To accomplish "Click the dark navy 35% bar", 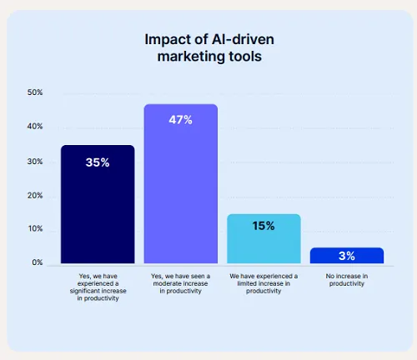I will pyautogui.click(x=98, y=205).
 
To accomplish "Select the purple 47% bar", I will pyautogui.click(x=180, y=184).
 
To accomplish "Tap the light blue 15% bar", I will pyautogui.click(x=264, y=239).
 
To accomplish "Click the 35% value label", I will pyautogui.click(x=98, y=162).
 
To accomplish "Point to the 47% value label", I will pyautogui.click(x=180, y=120).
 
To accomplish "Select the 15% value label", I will pyautogui.click(x=264, y=226).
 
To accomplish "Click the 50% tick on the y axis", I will pyautogui.click(x=35, y=92).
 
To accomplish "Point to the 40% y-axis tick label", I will pyautogui.click(x=35, y=127).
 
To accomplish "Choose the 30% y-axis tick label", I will pyautogui.click(x=35, y=161).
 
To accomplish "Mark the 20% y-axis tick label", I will pyautogui.click(x=35, y=196).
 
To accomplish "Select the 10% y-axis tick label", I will pyautogui.click(x=35, y=229).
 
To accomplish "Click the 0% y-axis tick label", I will pyautogui.click(x=38, y=263).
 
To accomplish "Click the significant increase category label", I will pyautogui.click(x=98, y=287).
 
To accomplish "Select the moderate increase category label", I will pyautogui.click(x=180, y=284).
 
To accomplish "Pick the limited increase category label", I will pyautogui.click(x=264, y=284).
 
